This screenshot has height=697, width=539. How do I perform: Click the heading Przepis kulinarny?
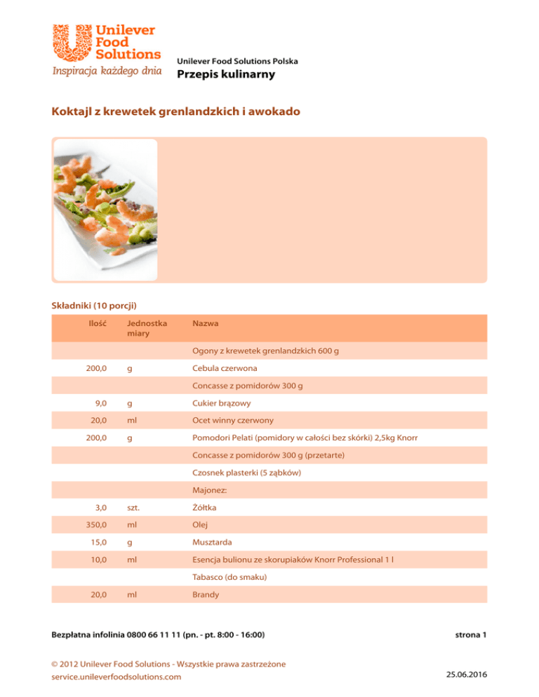(x=226, y=75)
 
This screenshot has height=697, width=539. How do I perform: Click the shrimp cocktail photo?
(x=105, y=209)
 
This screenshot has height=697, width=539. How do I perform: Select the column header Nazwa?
(x=204, y=324)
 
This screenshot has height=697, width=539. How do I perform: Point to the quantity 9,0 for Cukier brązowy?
(x=100, y=404)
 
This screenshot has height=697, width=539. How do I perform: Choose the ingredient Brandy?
(x=206, y=595)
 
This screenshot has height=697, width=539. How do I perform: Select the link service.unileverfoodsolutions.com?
(x=117, y=677)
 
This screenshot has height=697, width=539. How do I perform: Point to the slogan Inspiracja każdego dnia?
(x=105, y=71)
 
